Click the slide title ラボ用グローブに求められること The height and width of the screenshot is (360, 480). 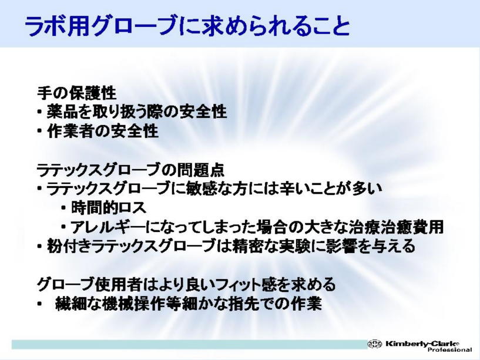[187, 26]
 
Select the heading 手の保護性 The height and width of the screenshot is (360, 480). [76, 93]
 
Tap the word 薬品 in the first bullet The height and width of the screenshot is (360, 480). [62, 112]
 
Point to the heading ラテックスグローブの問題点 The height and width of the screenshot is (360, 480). [130, 170]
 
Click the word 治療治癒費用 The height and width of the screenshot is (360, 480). [397, 227]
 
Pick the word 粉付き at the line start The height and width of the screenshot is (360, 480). [69, 247]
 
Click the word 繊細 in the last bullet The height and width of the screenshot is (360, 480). [71, 304]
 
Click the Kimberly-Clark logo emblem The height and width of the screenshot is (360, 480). [375, 344]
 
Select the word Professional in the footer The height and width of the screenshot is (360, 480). [449, 349]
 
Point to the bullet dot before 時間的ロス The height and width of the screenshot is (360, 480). [63, 208]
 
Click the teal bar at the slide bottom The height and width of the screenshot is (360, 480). [190, 344]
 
